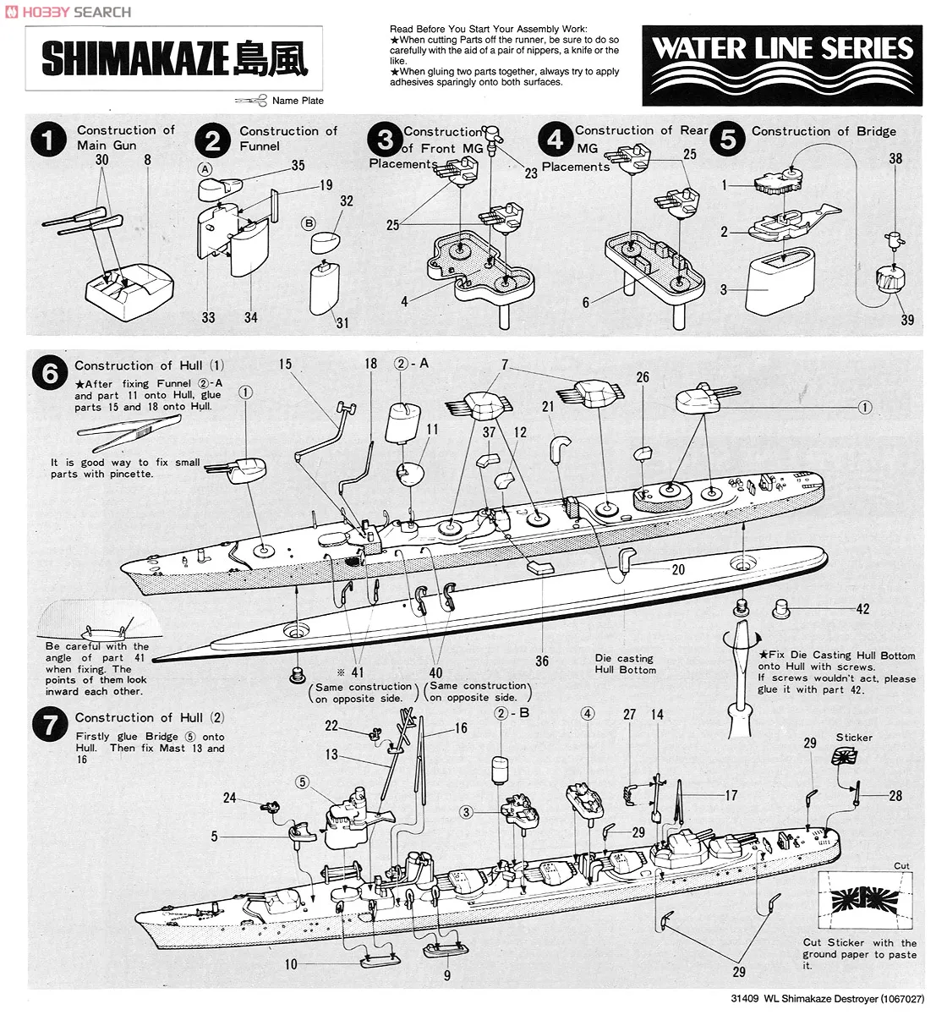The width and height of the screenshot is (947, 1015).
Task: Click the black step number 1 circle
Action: [50, 140]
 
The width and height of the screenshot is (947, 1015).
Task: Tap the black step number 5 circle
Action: [728, 138]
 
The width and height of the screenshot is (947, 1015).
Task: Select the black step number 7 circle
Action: [50, 726]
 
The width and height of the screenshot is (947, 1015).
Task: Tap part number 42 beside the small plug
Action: [862, 609]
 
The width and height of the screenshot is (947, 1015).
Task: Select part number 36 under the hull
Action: [542, 661]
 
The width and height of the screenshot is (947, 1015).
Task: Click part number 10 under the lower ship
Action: [291, 964]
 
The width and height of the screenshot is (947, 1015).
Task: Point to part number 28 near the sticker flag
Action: [895, 795]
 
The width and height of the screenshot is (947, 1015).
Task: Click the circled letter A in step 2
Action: [205, 167]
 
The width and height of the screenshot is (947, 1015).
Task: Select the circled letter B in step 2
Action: [309, 223]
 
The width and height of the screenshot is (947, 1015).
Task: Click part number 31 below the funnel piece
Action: [342, 322]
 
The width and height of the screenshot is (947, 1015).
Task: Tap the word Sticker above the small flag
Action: [854, 738]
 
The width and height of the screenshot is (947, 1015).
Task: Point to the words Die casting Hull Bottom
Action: [625, 664]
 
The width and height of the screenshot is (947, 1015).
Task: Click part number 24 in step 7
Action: [230, 798]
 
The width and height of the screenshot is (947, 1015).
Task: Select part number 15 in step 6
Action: [285, 365]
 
